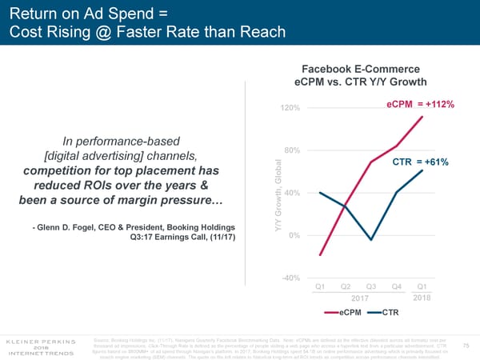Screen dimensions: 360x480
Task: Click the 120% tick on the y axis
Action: click(290, 108)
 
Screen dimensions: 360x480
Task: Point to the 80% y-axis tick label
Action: click(292, 151)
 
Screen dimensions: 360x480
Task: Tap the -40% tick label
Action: click(290, 278)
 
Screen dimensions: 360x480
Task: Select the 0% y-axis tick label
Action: click(294, 234)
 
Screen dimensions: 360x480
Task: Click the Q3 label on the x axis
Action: click(370, 287)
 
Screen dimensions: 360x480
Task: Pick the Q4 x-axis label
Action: click(396, 287)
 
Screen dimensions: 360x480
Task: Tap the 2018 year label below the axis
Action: click(422, 298)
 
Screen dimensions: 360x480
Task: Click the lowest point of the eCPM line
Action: click(320, 255)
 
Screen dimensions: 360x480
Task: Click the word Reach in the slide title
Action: click(261, 31)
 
